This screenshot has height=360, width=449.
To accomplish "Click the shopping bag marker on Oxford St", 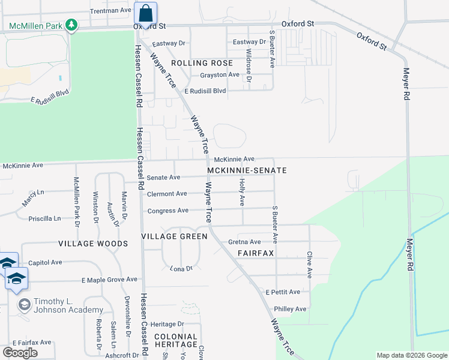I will click(x=145, y=13).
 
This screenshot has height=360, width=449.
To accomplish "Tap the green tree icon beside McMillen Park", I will click(x=71, y=25).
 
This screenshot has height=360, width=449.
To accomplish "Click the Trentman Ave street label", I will click(x=110, y=11).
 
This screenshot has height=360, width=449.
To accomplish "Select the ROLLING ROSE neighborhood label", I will click(x=202, y=63).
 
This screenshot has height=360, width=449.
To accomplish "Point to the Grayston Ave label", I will click(x=220, y=75).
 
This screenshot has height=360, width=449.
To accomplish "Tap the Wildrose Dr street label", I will click(x=249, y=65).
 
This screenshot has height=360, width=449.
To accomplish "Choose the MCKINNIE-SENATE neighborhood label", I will click(x=247, y=170).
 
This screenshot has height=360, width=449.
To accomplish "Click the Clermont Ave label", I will click(x=167, y=194).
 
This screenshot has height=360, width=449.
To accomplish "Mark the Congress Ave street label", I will click(x=168, y=211).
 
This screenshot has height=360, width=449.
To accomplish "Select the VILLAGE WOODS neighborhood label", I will click(x=93, y=244).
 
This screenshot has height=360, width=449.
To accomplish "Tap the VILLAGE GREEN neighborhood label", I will click(x=174, y=236).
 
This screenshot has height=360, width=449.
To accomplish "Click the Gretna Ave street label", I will click(x=244, y=242).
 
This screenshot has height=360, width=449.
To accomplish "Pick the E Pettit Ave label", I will click(x=283, y=292).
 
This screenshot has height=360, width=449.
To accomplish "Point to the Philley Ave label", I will click(x=290, y=309).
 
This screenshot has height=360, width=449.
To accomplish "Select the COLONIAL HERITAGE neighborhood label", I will click(x=175, y=340).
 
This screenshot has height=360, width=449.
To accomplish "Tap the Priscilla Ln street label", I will click(x=45, y=218).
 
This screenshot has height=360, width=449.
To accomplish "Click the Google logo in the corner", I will click(x=20, y=353).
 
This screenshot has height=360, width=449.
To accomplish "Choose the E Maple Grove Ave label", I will click(x=110, y=280).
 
